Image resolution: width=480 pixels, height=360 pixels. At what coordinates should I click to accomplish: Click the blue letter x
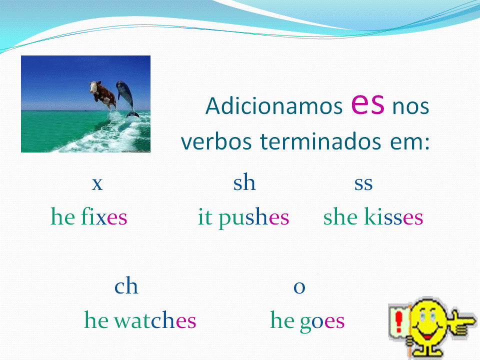(x=97, y=184)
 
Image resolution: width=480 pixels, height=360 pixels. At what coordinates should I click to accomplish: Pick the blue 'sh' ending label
(x=244, y=183)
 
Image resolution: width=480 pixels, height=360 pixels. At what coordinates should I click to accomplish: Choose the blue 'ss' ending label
(x=363, y=184)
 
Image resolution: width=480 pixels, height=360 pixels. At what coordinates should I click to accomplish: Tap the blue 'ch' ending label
(x=126, y=286)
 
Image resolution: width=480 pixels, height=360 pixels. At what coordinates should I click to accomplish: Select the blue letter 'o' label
(x=299, y=287)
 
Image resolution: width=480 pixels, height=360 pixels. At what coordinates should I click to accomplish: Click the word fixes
(x=104, y=217)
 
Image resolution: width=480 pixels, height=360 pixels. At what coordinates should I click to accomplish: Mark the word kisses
(x=393, y=217)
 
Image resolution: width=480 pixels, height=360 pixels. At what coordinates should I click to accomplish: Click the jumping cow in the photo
(x=101, y=93)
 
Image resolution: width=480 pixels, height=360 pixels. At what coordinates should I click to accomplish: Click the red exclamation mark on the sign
(x=399, y=320)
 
